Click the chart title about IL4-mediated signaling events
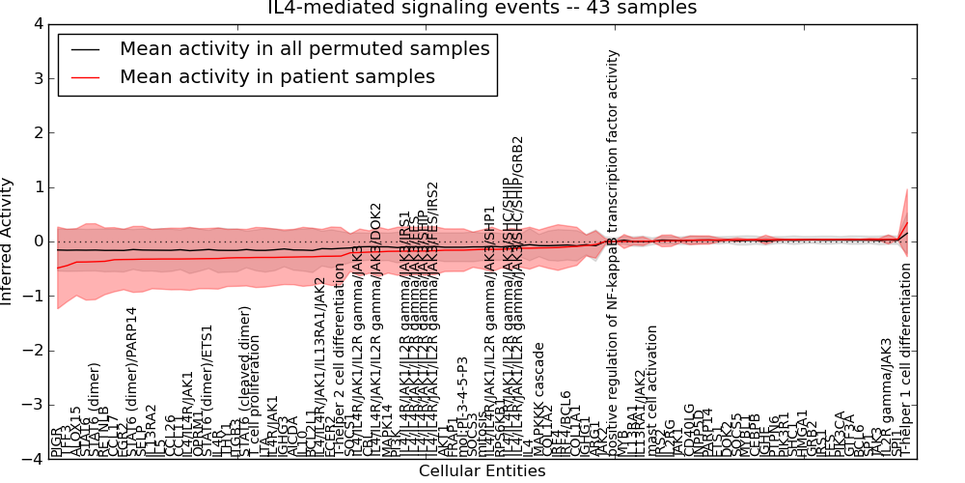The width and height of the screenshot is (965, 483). (482, 9)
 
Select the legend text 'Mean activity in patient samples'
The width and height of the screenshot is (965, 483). (277, 77)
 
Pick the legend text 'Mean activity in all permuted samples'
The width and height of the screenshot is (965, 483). (304, 48)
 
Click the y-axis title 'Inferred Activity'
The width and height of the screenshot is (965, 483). (9, 241)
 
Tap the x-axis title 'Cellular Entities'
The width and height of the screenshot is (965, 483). (482, 471)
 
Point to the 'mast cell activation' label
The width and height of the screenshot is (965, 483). (653, 390)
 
